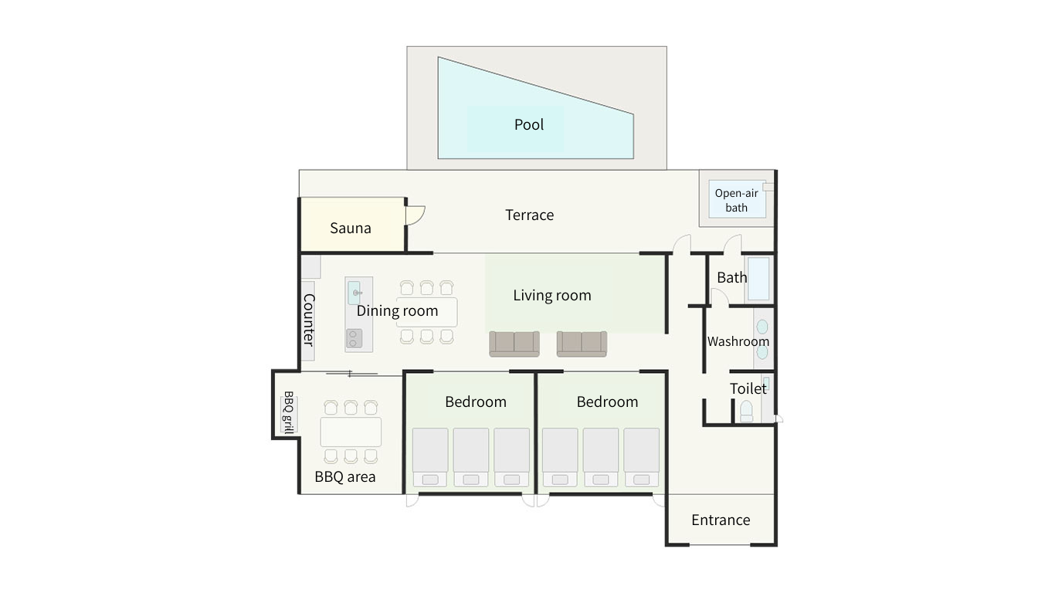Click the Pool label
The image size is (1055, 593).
coord(528,125)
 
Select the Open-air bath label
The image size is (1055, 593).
coord(736,200)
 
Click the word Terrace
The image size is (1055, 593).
coord(529,215)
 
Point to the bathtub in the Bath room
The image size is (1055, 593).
coord(758,279)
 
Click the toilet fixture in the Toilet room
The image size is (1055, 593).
coord(746,412)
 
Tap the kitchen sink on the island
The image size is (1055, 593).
coord(354,293)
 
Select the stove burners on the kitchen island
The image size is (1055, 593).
coord(354,338)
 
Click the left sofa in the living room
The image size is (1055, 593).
coord(514,344)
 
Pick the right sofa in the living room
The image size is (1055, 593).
coord(582,344)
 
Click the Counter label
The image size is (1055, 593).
coord(308,320)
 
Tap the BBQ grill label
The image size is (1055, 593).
coord(288,412)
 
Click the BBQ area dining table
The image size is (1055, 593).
coord(351,432)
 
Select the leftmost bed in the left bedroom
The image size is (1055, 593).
coord(430,457)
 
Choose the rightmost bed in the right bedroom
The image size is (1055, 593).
coord(642,457)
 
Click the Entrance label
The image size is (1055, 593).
coord(721,520)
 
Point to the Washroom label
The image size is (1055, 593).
coord(738,341)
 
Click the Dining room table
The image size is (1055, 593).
coord(426,312)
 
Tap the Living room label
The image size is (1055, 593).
coord(552,295)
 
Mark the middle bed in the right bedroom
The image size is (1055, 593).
coord(601,457)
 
